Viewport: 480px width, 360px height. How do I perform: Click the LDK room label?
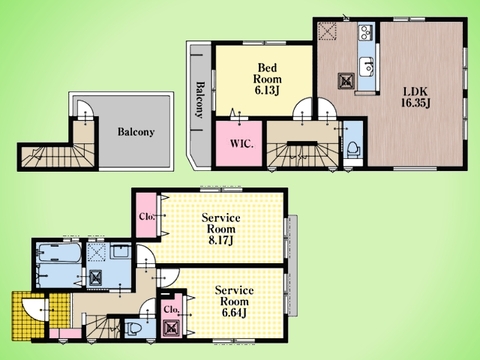(x=415, y=91)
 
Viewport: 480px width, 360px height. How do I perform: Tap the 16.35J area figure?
(x=416, y=103)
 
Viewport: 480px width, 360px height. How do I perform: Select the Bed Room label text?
(x=267, y=73)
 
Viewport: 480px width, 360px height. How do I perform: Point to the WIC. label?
(x=242, y=144)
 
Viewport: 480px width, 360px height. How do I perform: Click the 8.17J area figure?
(x=221, y=241)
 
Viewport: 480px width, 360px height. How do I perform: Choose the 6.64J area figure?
(x=234, y=313)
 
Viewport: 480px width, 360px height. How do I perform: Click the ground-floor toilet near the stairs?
(x=134, y=328)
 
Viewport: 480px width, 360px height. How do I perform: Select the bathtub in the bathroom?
(x=59, y=253)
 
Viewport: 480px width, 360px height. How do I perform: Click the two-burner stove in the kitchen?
(x=366, y=32)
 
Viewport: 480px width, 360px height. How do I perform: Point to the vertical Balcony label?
(x=199, y=100)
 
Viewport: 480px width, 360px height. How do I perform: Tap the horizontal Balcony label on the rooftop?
(x=136, y=132)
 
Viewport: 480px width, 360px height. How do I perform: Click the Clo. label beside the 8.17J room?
(x=147, y=217)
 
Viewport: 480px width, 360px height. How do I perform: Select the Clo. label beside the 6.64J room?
(x=172, y=310)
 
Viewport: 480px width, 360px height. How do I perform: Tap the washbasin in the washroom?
(x=120, y=251)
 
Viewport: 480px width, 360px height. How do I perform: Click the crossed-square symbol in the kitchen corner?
(x=327, y=31)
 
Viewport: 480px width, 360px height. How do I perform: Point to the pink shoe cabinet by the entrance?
(x=66, y=333)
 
